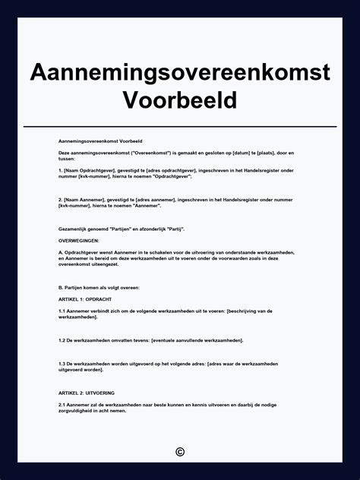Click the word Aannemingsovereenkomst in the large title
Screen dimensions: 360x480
180,73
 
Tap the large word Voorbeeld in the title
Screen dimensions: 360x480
180,99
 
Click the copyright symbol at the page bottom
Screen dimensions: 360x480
180,452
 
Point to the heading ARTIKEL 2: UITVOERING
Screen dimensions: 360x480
87,393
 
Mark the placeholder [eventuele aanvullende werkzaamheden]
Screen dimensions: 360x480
200,339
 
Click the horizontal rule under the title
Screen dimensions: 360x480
180,126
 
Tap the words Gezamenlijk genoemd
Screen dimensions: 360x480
80,229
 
